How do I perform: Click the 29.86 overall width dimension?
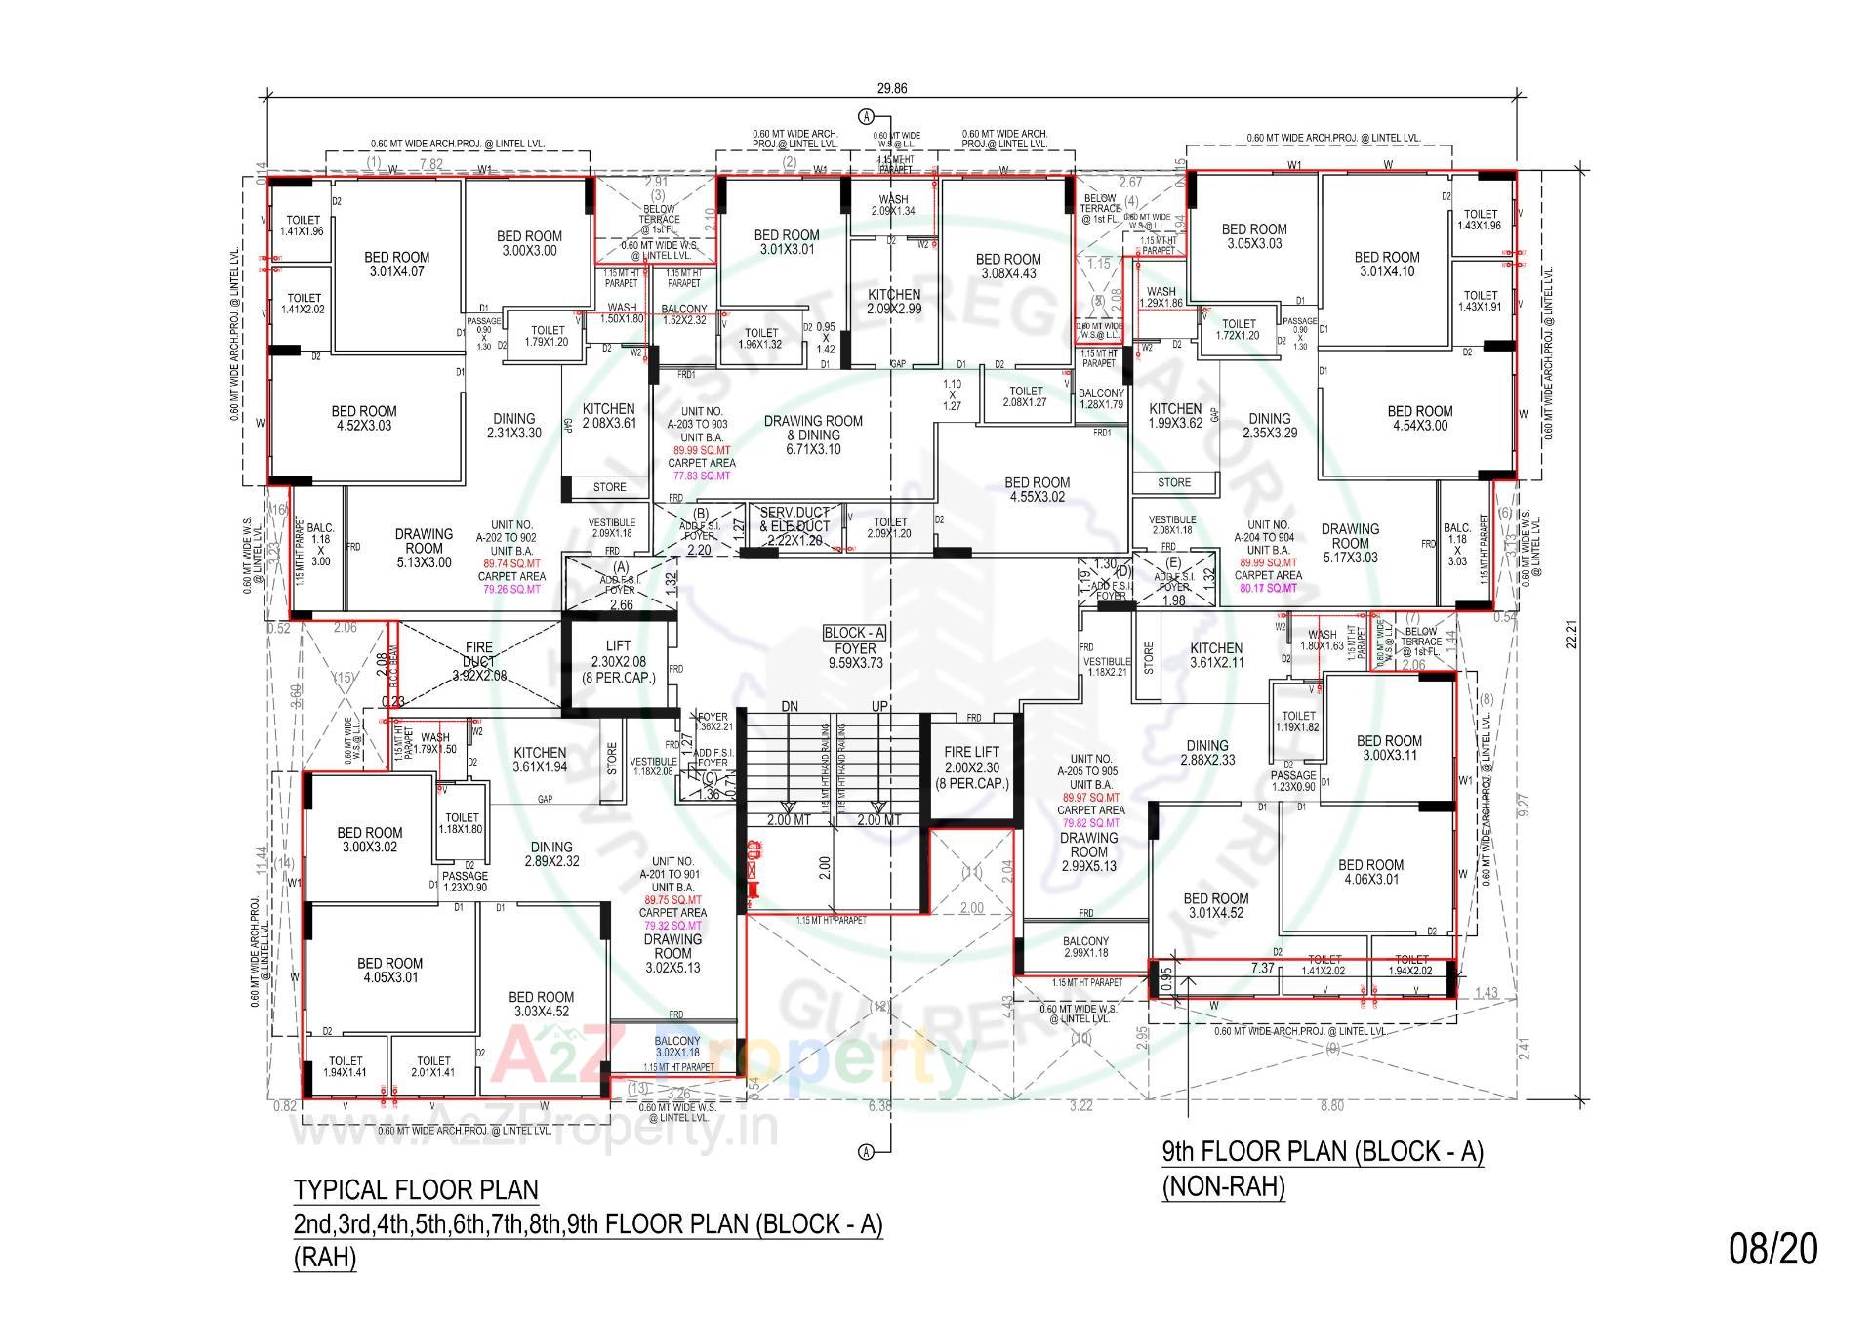[891, 88]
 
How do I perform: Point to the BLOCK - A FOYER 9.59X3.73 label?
[855, 647]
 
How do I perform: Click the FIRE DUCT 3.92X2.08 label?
[478, 661]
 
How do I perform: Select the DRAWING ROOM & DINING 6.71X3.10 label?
[813, 435]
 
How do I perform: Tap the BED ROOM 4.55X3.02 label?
[1037, 489]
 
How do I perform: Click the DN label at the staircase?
[791, 706]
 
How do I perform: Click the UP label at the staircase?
[879, 706]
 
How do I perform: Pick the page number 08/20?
[1773, 1248]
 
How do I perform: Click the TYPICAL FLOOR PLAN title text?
[416, 1189]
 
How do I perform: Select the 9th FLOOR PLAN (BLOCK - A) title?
[1322, 1151]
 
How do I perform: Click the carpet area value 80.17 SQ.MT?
[1268, 588]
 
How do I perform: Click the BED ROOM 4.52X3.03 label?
[363, 418]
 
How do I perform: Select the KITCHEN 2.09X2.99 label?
[894, 301]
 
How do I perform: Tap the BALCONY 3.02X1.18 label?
[677, 1046]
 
